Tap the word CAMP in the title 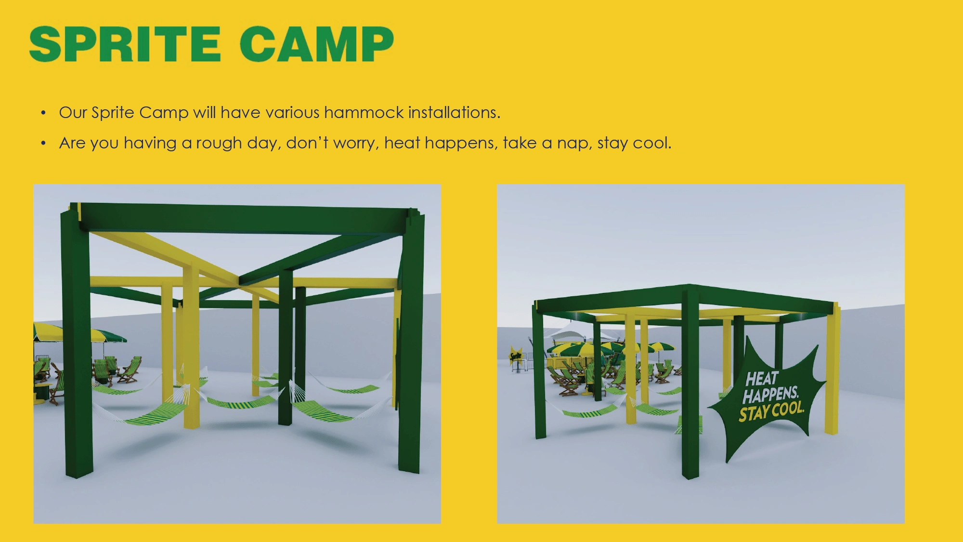317,44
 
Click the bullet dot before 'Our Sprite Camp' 43,113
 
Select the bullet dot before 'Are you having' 43,144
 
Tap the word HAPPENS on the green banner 770,395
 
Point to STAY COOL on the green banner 771,411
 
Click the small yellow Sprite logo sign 516,356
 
